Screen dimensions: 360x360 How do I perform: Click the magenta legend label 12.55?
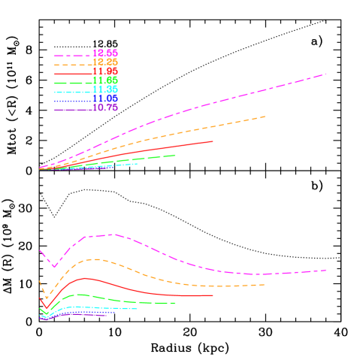(105, 53)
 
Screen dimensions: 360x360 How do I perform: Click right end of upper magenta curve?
(325, 74)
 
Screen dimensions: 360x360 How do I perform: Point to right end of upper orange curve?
(265, 116)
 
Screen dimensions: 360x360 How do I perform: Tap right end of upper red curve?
(213, 141)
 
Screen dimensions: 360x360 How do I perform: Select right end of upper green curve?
(175, 156)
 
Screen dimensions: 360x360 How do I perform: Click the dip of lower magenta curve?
(54, 266)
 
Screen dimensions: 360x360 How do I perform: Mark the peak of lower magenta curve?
(113, 234)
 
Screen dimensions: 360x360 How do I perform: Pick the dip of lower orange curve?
(47, 298)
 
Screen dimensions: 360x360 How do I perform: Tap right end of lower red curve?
(213, 295)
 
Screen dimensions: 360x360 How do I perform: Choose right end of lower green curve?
(175, 303)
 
